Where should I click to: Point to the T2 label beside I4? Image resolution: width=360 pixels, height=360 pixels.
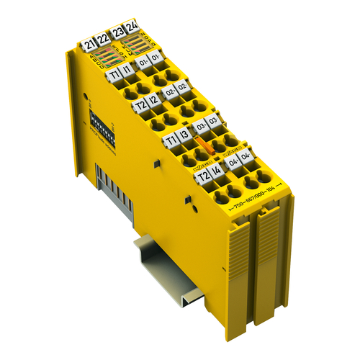[203, 177]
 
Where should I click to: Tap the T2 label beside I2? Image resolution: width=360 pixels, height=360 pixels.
[140, 107]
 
